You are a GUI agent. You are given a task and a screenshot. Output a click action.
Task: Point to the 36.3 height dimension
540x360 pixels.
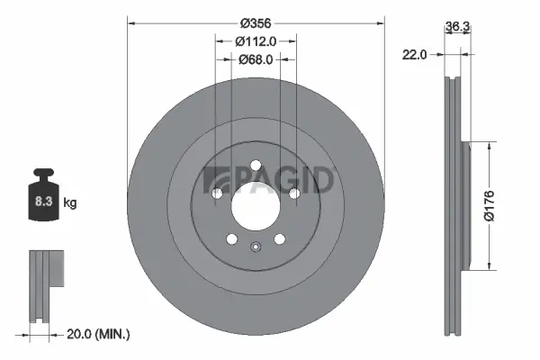click(x=457, y=27)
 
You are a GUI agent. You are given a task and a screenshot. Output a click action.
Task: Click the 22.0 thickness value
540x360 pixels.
click(x=414, y=55)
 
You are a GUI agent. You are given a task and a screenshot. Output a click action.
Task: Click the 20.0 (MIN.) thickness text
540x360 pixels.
click(x=100, y=334)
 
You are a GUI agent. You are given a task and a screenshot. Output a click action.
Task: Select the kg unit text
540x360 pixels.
click(x=69, y=203)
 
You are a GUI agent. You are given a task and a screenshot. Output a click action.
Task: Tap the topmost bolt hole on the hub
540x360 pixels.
click(x=255, y=164)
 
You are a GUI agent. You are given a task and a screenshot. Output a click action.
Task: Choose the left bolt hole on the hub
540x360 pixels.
click(x=216, y=193)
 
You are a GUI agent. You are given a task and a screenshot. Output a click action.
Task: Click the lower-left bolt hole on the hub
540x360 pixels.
click(x=231, y=238)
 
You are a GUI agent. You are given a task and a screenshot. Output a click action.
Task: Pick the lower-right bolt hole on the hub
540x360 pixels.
click(x=279, y=238)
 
